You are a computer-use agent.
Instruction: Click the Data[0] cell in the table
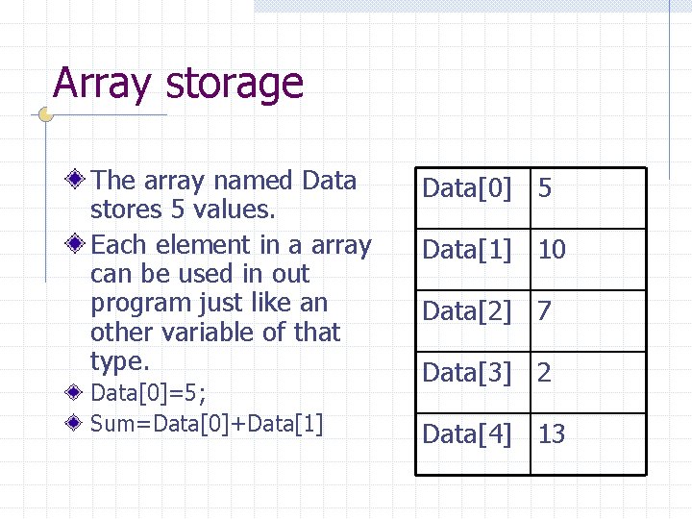(467, 188)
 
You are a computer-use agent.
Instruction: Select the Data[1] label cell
(467, 250)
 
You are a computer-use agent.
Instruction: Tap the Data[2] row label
(467, 311)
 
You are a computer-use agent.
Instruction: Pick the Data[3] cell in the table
(467, 373)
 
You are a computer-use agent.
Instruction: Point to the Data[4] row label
(467, 434)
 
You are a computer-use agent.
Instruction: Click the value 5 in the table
(545, 188)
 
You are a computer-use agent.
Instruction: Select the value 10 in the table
(552, 250)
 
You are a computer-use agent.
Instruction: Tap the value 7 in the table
(545, 311)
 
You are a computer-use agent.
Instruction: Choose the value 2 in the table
(545, 373)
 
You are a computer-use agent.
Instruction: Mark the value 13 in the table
(552, 434)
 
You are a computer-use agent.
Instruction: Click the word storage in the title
(234, 85)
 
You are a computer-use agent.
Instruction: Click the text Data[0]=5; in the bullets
(148, 393)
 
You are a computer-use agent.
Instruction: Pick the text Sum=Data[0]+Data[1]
(207, 423)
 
